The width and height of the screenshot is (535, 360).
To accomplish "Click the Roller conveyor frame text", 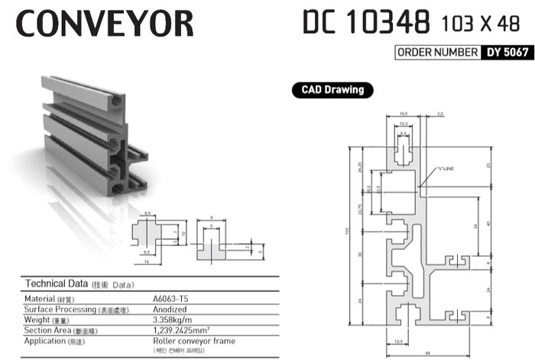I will tap(194, 341).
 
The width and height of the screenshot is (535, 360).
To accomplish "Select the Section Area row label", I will tap(50, 330).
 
